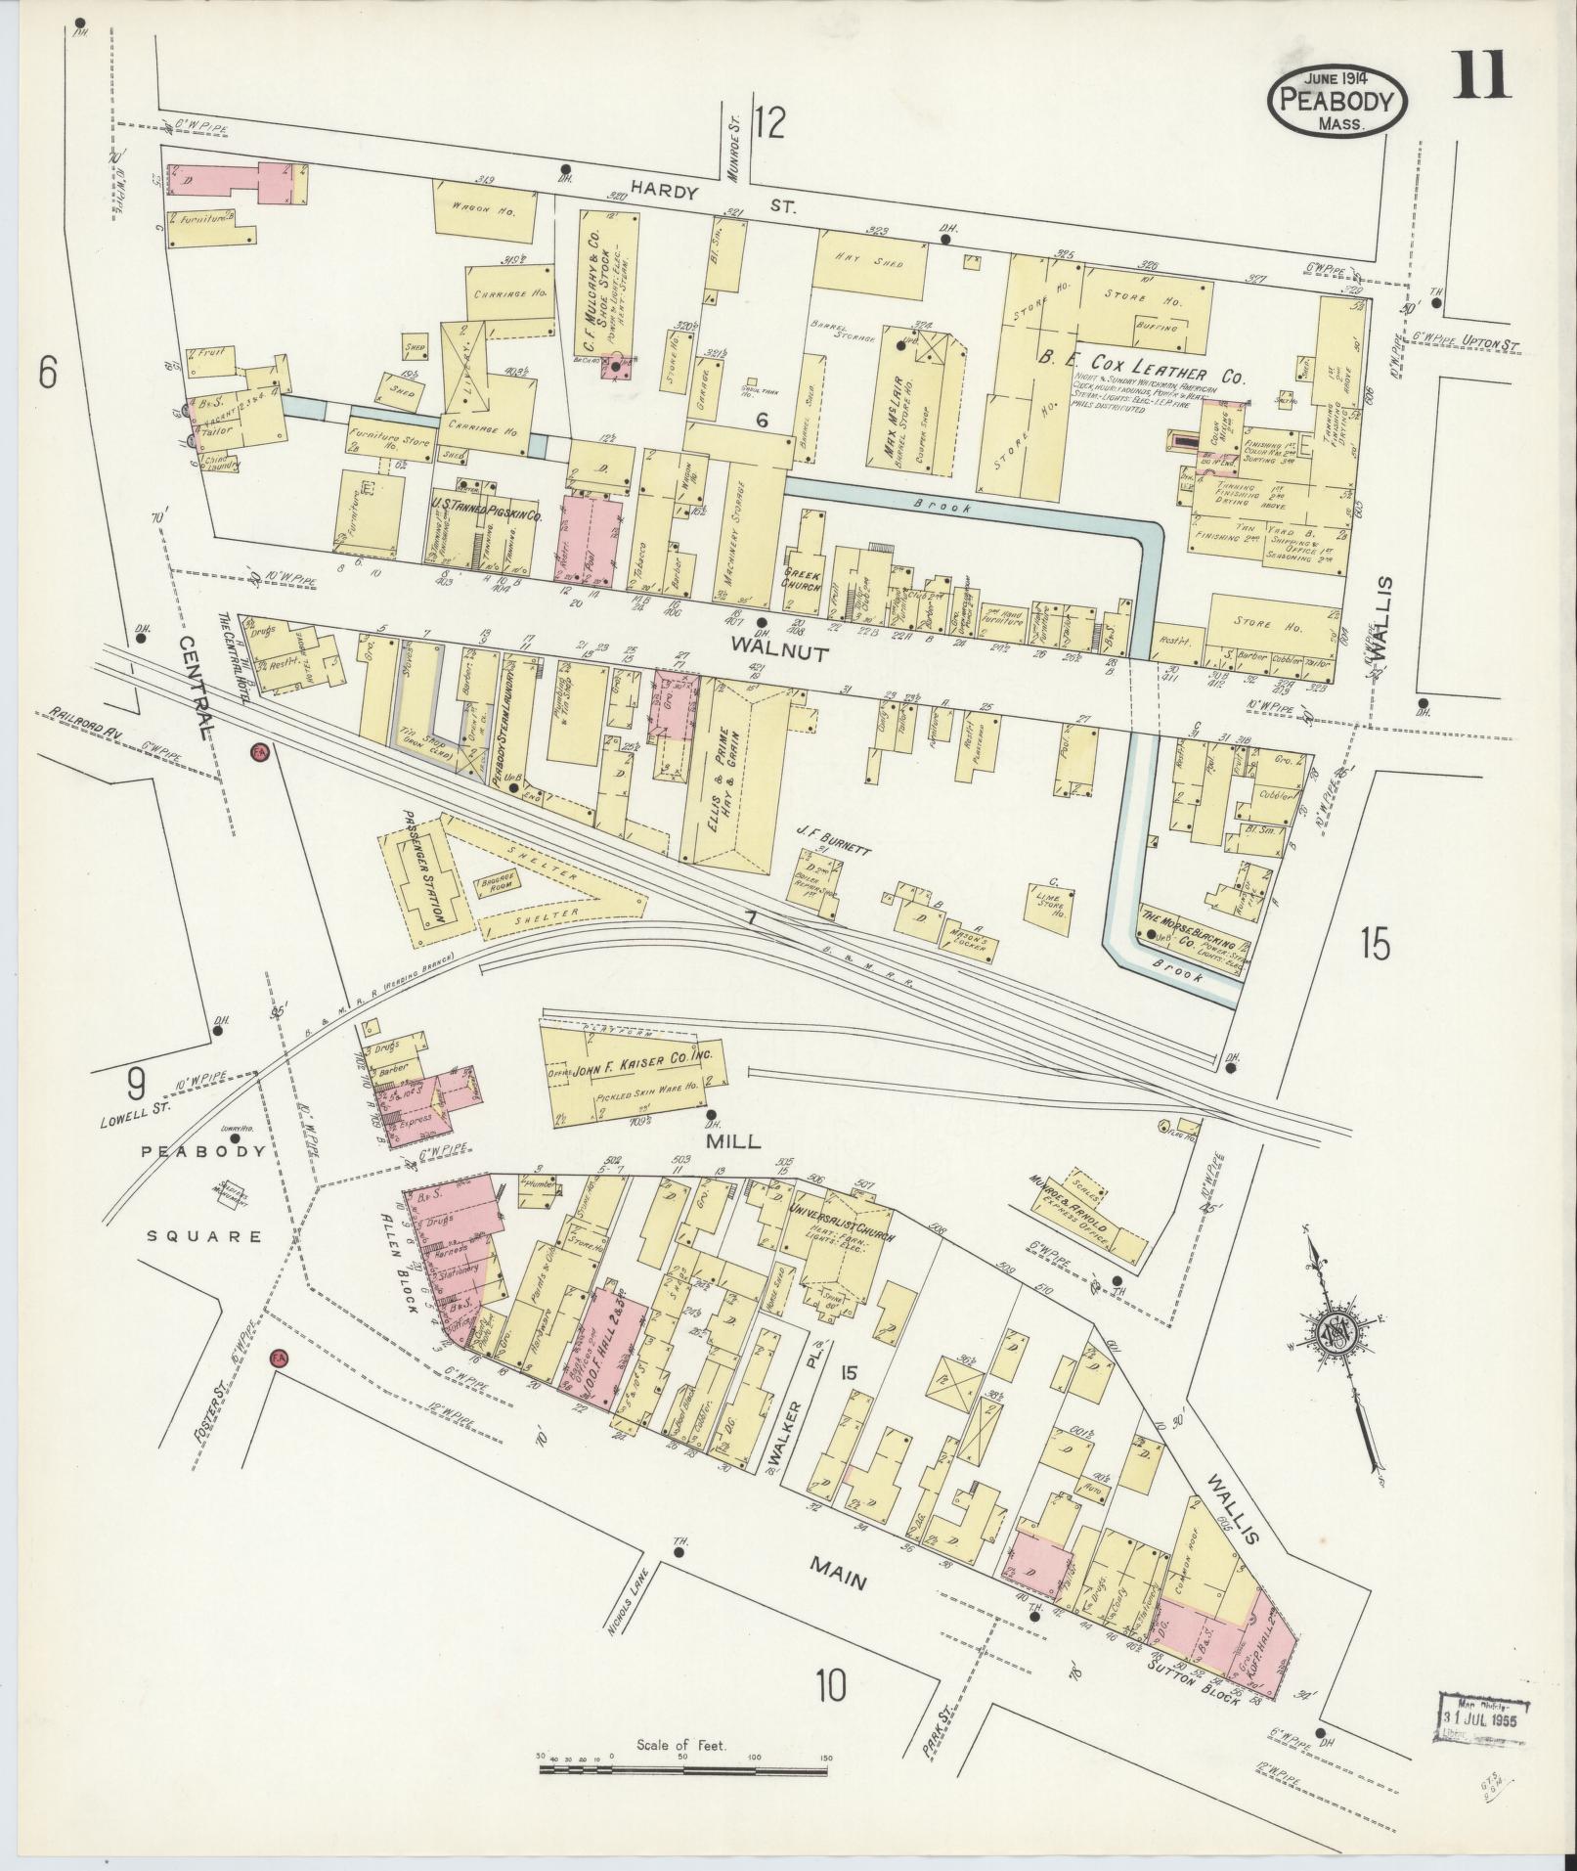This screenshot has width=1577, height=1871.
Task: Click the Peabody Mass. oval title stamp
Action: pyautogui.click(x=1337, y=101)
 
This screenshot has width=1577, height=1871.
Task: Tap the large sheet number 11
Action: pyautogui.click(x=1482, y=76)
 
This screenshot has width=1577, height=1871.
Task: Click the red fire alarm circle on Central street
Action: pyautogui.click(x=259, y=751)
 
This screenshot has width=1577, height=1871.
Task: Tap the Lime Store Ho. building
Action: pyautogui.click(x=1051, y=902)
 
